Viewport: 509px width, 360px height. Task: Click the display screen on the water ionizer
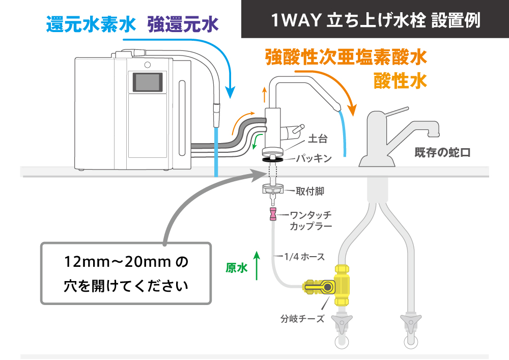click(148, 82)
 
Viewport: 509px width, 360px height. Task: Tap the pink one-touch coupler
click(273, 214)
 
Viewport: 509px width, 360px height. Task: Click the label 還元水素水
click(91, 24)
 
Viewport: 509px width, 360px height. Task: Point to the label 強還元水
click(183, 24)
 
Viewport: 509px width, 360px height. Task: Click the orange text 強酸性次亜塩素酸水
click(346, 58)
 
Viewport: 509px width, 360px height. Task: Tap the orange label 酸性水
click(400, 81)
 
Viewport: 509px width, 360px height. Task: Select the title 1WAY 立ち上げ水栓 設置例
click(375, 20)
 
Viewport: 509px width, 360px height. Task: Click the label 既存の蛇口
click(442, 153)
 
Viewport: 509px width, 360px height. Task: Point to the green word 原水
click(237, 268)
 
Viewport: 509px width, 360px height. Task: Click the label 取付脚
click(310, 191)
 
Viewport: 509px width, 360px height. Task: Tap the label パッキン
click(314, 158)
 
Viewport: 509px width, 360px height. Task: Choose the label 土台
click(318, 139)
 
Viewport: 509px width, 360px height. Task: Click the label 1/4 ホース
click(304, 257)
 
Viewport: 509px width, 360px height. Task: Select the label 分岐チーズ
click(302, 319)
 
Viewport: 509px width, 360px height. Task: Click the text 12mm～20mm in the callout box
click(118, 262)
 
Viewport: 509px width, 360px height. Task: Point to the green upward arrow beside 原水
click(257, 265)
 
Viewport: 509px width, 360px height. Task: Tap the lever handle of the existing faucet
click(396, 112)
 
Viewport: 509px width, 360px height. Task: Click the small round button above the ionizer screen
click(148, 65)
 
